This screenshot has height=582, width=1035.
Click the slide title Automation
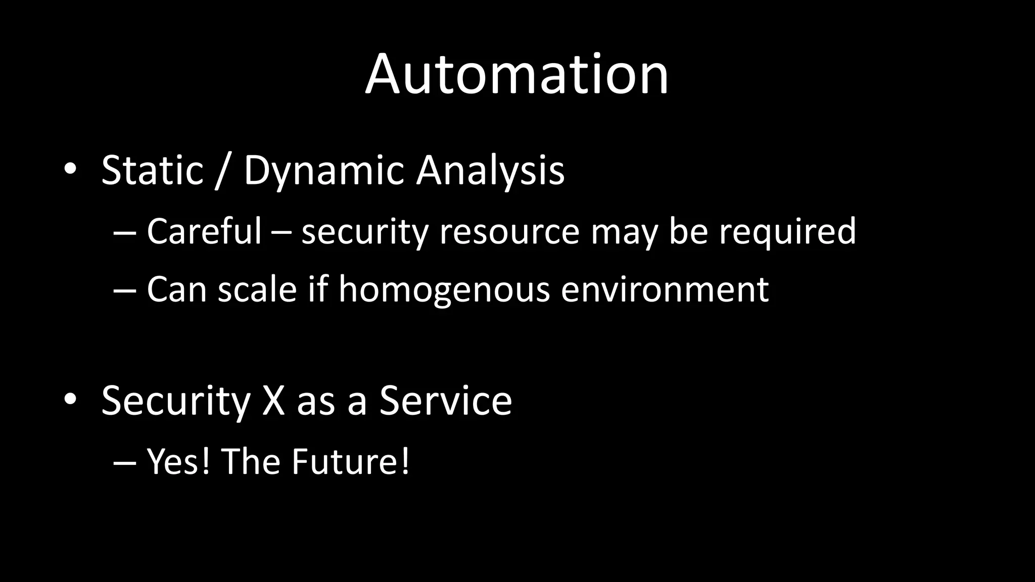tap(517, 75)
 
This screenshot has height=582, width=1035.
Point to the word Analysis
tap(490, 171)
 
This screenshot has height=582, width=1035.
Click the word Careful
tap(204, 231)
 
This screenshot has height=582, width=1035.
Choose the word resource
tap(509, 232)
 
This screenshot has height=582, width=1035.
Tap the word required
tap(787, 232)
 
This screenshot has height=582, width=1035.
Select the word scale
tap(257, 289)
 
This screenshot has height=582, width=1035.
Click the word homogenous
tap(444, 289)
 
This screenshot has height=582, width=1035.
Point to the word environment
tap(665, 289)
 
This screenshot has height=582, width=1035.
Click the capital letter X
tap(273, 400)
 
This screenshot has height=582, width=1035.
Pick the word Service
tap(446, 400)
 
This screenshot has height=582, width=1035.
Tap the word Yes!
tap(178, 461)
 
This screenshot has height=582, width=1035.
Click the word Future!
tap(350, 461)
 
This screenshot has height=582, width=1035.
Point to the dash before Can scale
tap(125, 290)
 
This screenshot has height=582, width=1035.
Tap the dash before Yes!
tap(125, 462)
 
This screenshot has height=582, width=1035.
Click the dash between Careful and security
tap(281, 233)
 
